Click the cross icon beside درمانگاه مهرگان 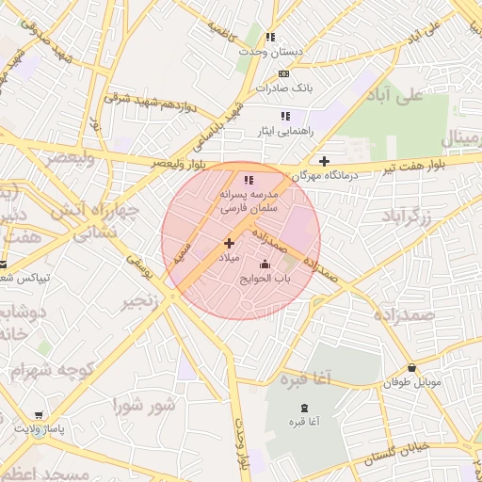coord(325,161)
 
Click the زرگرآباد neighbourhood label coord(407,217)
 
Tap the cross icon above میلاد coord(229,243)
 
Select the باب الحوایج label coord(266,278)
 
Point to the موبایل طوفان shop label coord(410,383)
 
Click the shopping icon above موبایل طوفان coord(410,368)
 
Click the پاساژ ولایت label coord(40,428)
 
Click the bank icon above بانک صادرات coord(283,73)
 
